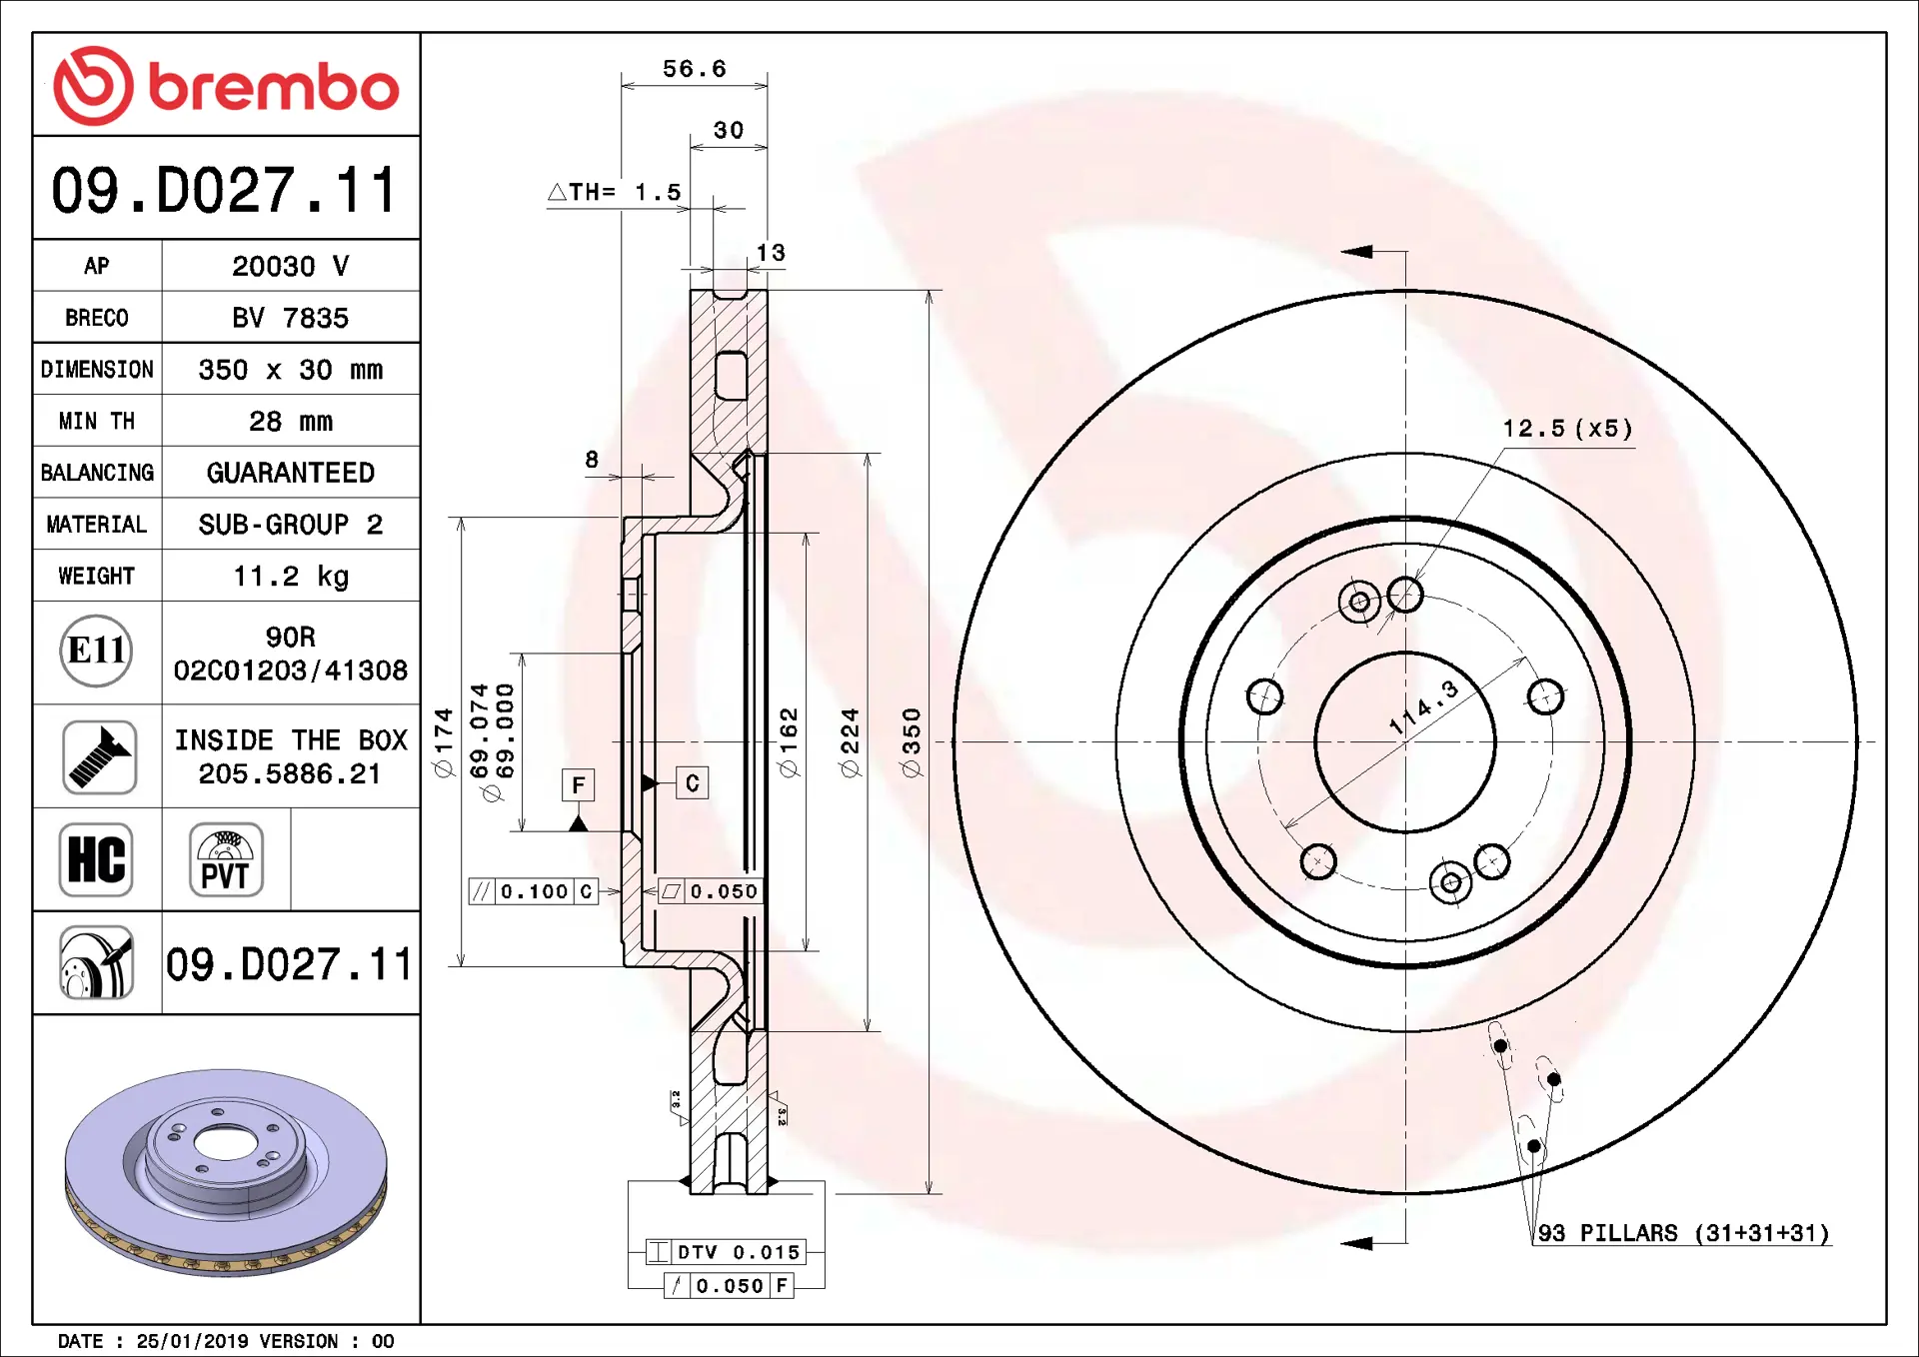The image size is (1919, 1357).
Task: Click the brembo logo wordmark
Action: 274,87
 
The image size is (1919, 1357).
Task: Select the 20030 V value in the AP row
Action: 291,266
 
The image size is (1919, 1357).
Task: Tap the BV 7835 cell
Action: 291,318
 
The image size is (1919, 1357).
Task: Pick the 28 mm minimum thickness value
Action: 291,421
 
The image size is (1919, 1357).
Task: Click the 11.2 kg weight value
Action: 291,576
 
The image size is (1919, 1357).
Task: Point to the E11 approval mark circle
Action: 97,652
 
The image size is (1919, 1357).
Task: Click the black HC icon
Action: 96,859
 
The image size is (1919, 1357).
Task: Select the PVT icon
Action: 226,859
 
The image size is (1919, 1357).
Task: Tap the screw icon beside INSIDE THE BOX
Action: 99,756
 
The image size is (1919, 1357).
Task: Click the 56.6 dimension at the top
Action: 695,69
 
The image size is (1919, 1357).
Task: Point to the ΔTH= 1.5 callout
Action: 615,192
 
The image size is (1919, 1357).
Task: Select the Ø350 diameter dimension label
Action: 911,742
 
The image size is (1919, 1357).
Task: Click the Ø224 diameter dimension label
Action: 850,742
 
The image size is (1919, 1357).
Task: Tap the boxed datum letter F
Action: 578,785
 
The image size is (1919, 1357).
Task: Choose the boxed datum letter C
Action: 693,783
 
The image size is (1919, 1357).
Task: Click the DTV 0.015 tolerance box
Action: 726,1252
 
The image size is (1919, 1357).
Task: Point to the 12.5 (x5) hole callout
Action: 1568,429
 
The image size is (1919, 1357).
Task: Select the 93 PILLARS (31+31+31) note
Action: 1683,1233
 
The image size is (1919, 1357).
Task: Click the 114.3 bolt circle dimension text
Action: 1425,707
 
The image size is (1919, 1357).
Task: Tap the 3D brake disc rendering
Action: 226,1172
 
